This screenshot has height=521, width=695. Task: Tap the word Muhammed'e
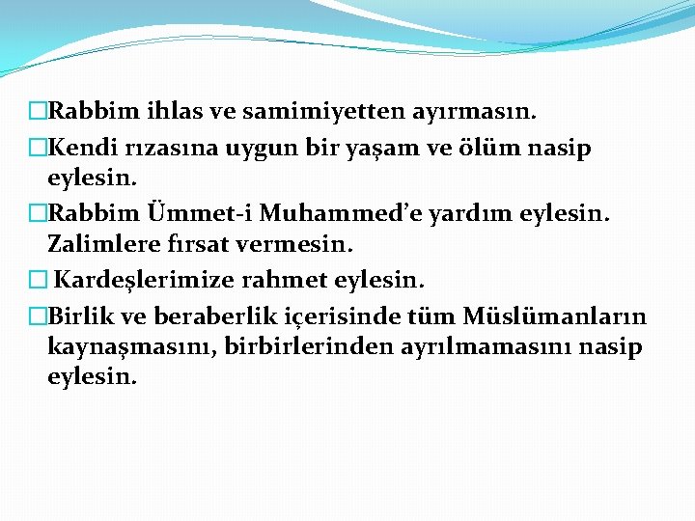coord(334,211)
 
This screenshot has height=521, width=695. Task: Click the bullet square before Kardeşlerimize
coord(38,281)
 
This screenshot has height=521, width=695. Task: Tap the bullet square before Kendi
coord(38,149)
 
